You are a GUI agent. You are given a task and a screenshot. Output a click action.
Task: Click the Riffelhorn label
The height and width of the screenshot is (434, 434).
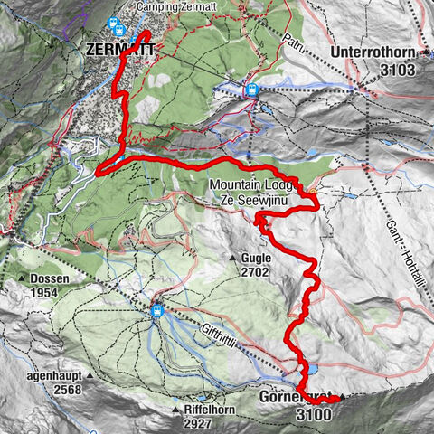pos(193,408)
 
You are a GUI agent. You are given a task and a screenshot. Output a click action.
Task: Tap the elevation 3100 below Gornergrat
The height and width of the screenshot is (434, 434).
pos(313,414)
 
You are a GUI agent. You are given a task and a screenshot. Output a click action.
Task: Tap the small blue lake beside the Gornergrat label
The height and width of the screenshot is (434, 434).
pos(311,369)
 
